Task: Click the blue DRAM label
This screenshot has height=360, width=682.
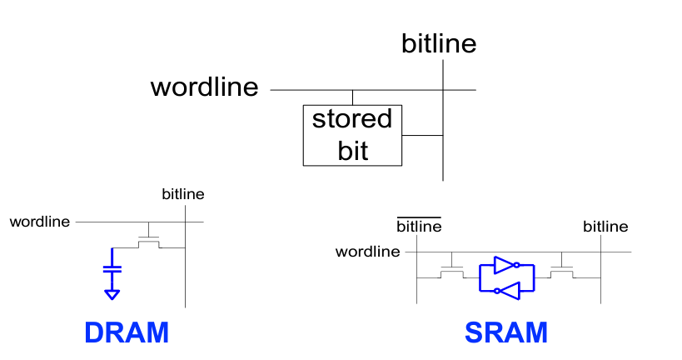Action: coord(127,333)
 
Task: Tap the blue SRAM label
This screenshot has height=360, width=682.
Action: coord(506,333)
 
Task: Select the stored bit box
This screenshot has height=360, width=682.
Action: coord(351,135)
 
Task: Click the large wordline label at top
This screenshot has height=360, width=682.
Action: coord(204,87)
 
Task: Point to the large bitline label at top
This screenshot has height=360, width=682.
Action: coord(439,43)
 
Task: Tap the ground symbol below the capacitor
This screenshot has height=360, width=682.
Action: coord(112,293)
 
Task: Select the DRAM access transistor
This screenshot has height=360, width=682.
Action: coord(149,242)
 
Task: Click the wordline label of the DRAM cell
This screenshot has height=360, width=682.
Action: coord(40,222)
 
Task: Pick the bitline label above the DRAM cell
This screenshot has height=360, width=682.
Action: coord(182,194)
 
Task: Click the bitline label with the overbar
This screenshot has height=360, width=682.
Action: coord(418,227)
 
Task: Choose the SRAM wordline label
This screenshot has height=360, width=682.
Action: coord(367,251)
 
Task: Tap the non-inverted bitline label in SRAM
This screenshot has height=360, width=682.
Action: coord(605,227)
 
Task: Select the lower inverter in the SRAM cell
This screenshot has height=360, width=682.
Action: coord(507,289)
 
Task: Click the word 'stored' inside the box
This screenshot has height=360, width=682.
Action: coord(351,119)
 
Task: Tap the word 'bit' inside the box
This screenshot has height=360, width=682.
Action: coord(352,151)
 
